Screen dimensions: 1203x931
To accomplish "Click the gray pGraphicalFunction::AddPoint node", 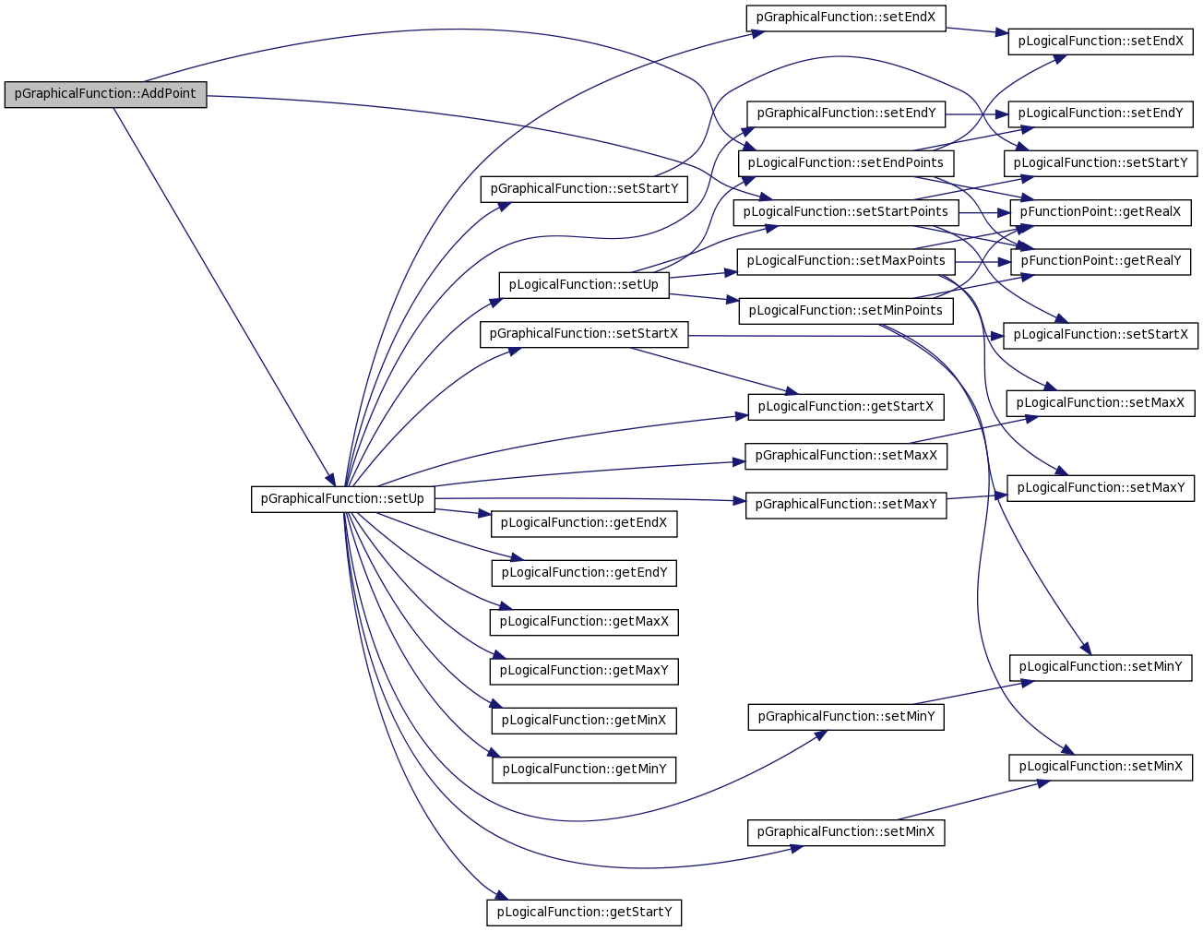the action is click(105, 94).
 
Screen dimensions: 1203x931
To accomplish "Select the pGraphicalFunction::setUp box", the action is click(342, 499).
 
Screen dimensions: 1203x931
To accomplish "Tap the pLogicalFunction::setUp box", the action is click(583, 285).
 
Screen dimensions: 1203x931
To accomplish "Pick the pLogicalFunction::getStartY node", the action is click(584, 913).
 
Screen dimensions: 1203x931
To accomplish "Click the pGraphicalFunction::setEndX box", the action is click(845, 18).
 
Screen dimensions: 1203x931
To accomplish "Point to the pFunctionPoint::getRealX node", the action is click(1101, 212).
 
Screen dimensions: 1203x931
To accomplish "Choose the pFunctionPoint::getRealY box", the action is click(1101, 262).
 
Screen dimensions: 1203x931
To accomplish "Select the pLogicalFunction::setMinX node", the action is click(1101, 767).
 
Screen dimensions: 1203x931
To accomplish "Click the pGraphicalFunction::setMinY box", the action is click(846, 717).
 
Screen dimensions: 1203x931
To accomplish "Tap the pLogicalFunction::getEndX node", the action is click(584, 523).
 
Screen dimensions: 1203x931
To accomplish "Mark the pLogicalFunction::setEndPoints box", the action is click(846, 163).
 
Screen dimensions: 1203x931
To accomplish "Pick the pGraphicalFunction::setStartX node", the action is click(584, 334).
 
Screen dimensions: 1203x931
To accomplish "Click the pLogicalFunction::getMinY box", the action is click(584, 770).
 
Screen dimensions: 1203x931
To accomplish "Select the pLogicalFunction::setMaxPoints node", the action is click(846, 262).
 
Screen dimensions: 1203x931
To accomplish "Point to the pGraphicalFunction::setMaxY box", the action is click(846, 506).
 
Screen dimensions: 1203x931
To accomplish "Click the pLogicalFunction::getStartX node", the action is click(846, 407).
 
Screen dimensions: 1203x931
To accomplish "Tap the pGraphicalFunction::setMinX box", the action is click(846, 832).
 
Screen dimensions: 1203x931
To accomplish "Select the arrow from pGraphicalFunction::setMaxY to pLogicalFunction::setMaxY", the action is click(977, 496).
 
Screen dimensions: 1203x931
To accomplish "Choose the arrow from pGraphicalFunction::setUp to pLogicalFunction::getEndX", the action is click(463, 512).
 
